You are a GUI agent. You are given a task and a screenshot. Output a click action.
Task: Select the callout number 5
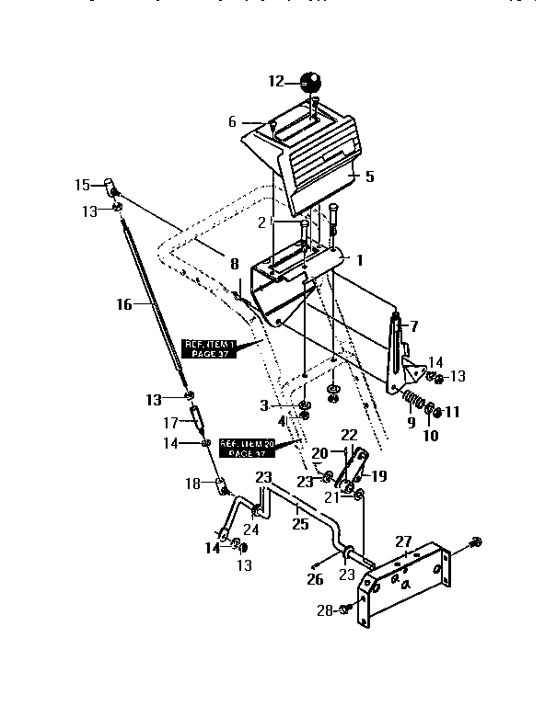369,176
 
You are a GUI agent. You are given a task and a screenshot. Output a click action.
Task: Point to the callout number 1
360,260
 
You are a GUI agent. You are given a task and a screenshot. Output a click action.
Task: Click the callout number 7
413,325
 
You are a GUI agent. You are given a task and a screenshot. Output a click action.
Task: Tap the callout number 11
452,413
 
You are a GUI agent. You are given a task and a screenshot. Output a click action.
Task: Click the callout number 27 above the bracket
403,541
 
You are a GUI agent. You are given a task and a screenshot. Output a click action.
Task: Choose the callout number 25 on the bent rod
299,524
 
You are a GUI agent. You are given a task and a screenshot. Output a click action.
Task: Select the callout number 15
82,185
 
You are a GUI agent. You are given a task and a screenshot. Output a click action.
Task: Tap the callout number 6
233,121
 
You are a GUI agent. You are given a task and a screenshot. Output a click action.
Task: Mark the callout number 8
235,263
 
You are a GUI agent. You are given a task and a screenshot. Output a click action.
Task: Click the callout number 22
349,434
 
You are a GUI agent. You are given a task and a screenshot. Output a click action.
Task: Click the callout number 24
250,529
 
